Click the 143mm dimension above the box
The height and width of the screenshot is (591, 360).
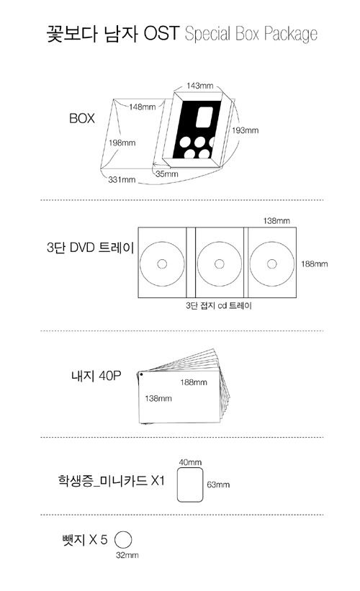click(x=199, y=86)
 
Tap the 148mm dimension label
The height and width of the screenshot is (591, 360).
click(x=142, y=107)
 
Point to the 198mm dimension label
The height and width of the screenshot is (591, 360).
click(x=122, y=143)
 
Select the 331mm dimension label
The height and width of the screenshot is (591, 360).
click(x=122, y=180)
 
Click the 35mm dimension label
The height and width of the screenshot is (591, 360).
click(x=166, y=174)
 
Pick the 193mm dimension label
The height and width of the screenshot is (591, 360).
click(x=245, y=130)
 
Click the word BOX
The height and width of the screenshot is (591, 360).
click(x=81, y=118)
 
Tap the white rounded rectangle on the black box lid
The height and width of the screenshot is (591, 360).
click(x=204, y=117)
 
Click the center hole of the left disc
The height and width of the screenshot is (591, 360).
click(x=162, y=264)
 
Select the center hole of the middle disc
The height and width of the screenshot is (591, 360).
click(x=220, y=264)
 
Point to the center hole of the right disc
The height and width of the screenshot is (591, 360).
click(x=271, y=264)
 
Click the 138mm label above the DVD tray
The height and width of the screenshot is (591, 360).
click(x=276, y=221)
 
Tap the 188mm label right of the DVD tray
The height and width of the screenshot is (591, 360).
click(x=314, y=264)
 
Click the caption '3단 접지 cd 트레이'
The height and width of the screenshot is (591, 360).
click(x=218, y=305)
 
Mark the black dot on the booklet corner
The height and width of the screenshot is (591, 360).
click(x=141, y=374)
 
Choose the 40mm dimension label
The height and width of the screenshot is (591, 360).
click(x=190, y=462)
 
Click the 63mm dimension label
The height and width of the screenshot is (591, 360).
click(x=218, y=484)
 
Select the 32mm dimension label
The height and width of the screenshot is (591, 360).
click(x=127, y=555)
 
